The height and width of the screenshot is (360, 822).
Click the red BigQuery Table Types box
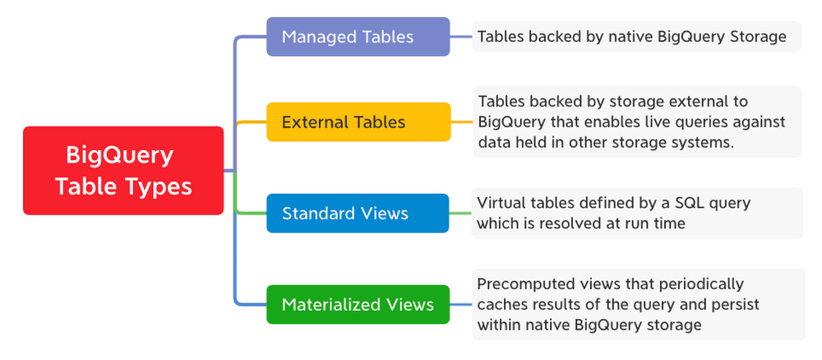pyautogui.click(x=123, y=170)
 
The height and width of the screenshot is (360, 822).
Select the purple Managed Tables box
pyautogui.click(x=358, y=37)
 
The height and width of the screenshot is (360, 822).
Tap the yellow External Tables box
pyautogui.click(x=358, y=122)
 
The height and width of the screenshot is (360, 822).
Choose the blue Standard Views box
pyautogui.click(x=358, y=214)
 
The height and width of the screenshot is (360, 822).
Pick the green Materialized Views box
pyautogui.click(x=358, y=305)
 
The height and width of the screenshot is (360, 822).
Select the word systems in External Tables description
pyautogui.click(x=704, y=141)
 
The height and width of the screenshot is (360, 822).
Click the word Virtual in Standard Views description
pyautogui.click(x=503, y=203)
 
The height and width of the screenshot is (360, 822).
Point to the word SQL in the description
pyautogui.click(x=675, y=203)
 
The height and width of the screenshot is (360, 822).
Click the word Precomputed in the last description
pyautogui.click(x=525, y=284)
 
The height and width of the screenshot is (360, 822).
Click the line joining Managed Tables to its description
pyautogui.click(x=461, y=37)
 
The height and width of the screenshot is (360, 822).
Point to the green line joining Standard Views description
pyautogui.click(x=461, y=214)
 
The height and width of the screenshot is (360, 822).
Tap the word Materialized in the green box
pyautogui.click(x=329, y=305)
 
